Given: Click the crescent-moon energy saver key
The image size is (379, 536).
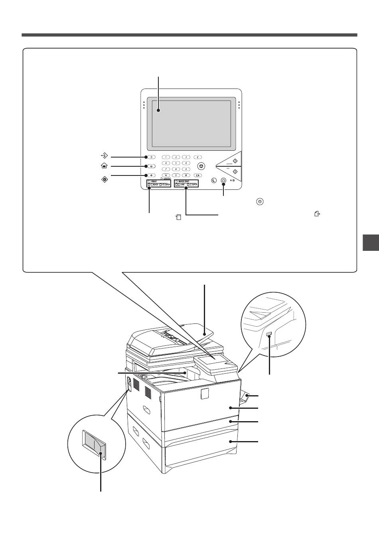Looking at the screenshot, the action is (x=214, y=180).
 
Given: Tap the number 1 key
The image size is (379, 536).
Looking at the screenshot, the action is (x=165, y=157).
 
